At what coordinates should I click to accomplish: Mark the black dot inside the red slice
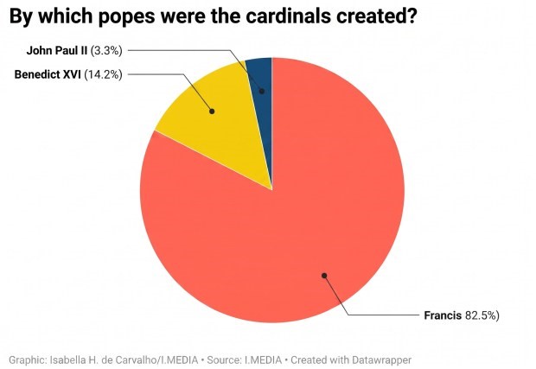[x=324, y=276]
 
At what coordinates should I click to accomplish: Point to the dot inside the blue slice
[x=262, y=91]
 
